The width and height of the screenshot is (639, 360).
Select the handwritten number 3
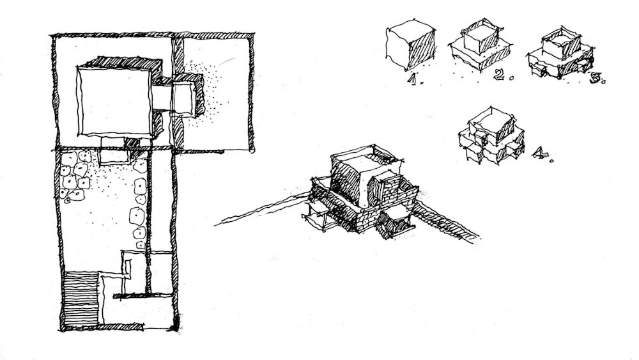click(x=596, y=77)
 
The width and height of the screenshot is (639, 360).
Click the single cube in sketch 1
click(x=410, y=45)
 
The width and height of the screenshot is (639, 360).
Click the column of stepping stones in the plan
click(x=138, y=214)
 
